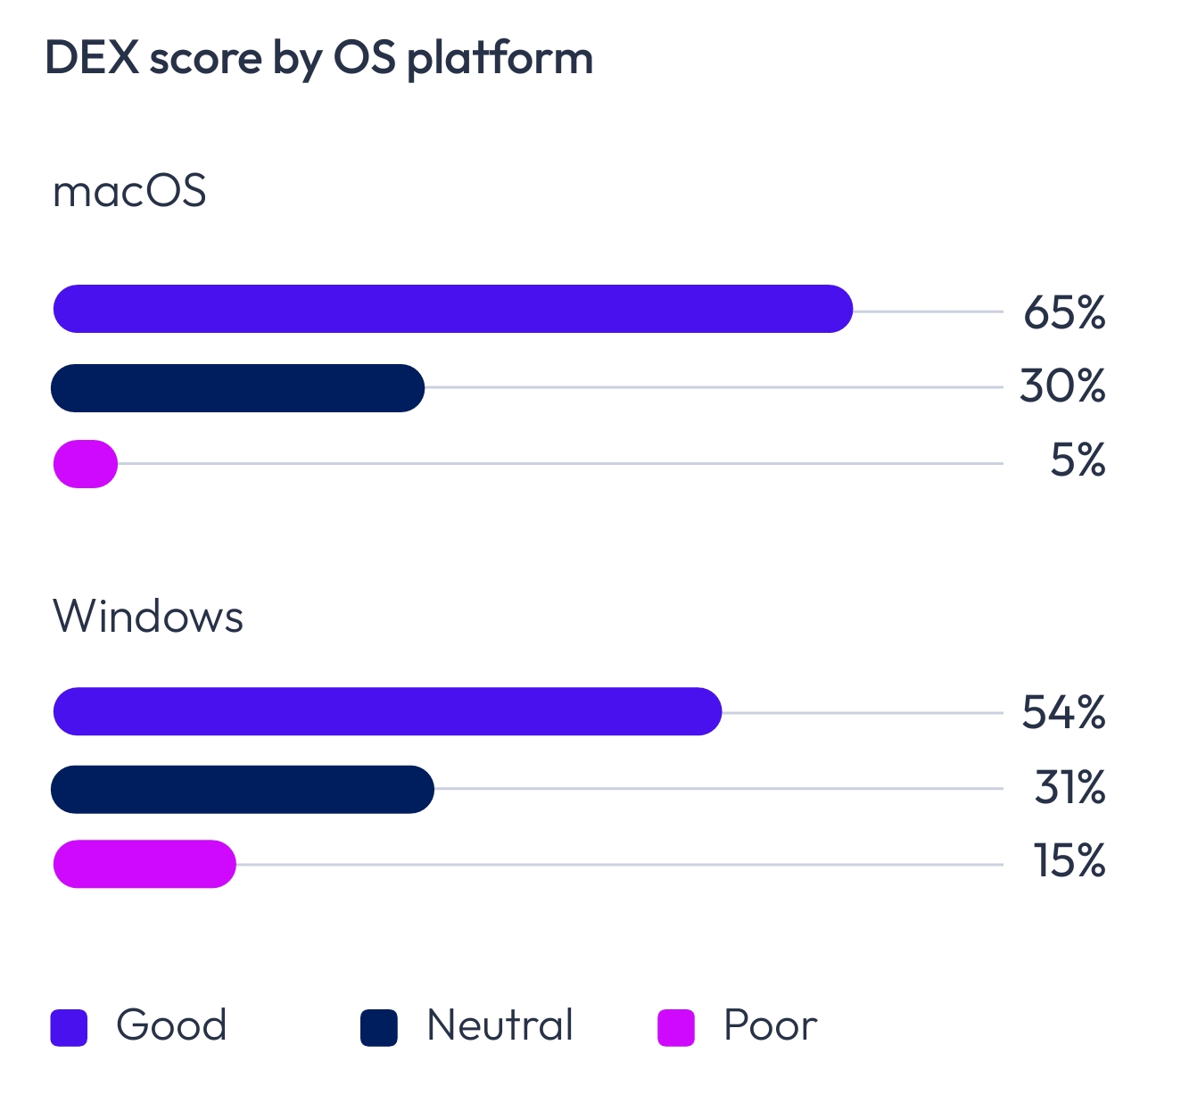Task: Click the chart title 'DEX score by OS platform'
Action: pos(318,59)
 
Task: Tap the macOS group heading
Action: pos(129,191)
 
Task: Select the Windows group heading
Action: pos(148,617)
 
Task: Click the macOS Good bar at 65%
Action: pos(453,309)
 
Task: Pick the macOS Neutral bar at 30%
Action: pos(237,388)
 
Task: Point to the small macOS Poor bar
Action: pos(86,464)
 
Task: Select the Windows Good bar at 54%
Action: pos(387,711)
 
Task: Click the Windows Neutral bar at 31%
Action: pos(243,789)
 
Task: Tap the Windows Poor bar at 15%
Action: pos(145,864)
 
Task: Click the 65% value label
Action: pos(1064,312)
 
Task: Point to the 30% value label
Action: pos(1062,387)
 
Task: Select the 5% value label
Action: pos(1078,461)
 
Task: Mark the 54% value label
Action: pos(1063,713)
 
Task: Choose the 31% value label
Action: pos(1070,788)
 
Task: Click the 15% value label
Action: pos(1070,862)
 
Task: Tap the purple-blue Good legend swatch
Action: pos(69,1027)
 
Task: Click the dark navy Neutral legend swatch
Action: pos(378,1027)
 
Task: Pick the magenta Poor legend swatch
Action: pos(676,1027)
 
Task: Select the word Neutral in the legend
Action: pos(500,1025)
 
